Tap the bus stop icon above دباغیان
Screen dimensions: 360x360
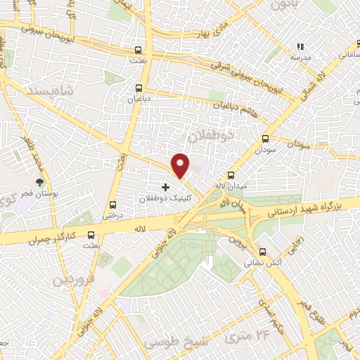click(138, 89)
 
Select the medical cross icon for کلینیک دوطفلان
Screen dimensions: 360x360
click(166, 187)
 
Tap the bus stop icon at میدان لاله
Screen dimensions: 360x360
click(231, 175)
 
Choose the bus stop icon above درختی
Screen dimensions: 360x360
click(112, 205)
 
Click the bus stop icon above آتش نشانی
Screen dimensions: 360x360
click(262, 252)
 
